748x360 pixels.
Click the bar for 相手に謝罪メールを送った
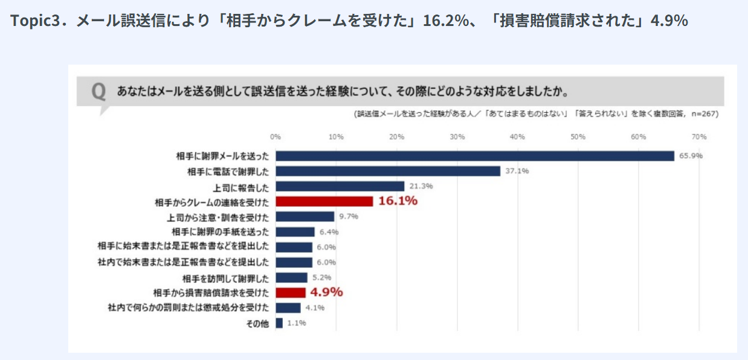tap(475, 156)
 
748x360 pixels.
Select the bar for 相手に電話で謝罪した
tap(388, 171)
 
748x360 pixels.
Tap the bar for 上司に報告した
tap(340, 186)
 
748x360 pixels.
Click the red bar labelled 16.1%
tap(324, 201)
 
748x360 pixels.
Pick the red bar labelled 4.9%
tap(291, 292)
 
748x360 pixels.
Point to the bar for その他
tap(279, 323)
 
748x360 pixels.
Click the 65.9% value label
tap(691, 156)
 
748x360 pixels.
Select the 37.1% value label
tap(517, 171)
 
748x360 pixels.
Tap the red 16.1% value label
tap(398, 201)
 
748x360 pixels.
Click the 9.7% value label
tap(349, 216)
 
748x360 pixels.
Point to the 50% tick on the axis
tap(578, 137)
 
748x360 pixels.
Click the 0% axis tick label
tap(276, 137)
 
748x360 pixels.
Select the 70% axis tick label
tap(699, 137)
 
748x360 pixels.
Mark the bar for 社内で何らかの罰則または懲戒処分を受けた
tap(288, 308)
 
